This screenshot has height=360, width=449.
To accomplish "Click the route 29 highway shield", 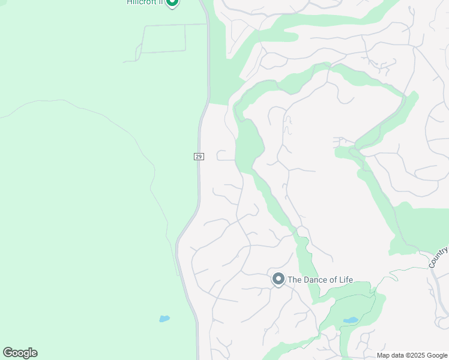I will [x=199, y=157].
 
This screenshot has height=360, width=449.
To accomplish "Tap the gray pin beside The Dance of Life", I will [x=278, y=279].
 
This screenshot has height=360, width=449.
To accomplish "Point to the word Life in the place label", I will [x=345, y=280].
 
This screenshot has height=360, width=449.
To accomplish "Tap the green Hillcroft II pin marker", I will [x=172, y=2].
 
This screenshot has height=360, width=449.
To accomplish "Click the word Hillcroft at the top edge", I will [x=142, y=2].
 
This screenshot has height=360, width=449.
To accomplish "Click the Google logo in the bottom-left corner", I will [x=20, y=353].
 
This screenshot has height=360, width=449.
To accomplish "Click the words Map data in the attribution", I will [x=390, y=355].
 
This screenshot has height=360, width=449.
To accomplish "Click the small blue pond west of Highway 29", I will [x=164, y=319].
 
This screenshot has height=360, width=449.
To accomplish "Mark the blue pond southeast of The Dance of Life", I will [x=351, y=320].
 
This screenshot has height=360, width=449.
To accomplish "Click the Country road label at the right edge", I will [x=439, y=257].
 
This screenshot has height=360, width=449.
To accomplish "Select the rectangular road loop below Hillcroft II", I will [x=163, y=38].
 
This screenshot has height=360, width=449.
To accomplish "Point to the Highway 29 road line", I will [x=198, y=186].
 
